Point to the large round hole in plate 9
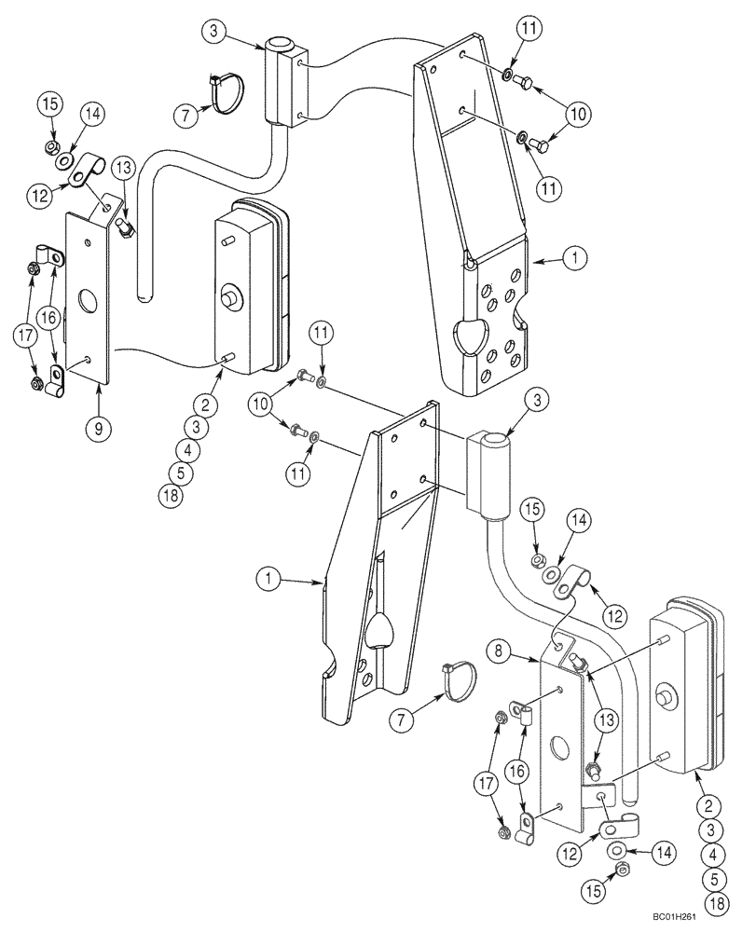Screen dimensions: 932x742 [x=88, y=302]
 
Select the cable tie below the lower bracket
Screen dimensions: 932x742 [x=460, y=681]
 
